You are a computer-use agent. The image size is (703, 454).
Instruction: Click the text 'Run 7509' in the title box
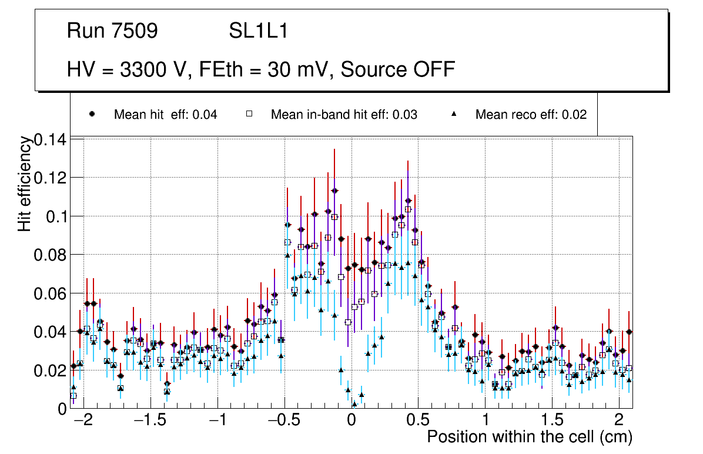[x=112, y=31]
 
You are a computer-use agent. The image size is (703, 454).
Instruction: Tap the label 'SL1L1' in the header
[x=258, y=31]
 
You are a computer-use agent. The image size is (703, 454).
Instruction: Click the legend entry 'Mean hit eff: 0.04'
[x=165, y=115]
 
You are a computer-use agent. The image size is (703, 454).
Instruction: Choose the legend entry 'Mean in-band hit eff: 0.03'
[x=344, y=115]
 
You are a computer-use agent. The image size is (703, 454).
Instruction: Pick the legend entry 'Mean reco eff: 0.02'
[x=531, y=115]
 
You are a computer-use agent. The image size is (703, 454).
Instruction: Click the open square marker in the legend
[x=249, y=114]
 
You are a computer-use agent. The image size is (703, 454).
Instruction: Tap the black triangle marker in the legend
[x=454, y=114]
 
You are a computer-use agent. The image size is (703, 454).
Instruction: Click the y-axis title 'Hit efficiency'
[x=25, y=183]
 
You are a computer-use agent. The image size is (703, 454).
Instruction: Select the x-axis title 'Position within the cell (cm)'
[x=529, y=438]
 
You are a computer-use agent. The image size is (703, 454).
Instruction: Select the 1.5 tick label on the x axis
[x=552, y=422]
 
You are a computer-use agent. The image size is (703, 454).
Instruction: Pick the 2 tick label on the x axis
[x=619, y=422]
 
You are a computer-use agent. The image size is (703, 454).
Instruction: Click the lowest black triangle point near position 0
[x=354, y=404]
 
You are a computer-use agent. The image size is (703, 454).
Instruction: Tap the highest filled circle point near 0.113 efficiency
[x=334, y=191]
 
